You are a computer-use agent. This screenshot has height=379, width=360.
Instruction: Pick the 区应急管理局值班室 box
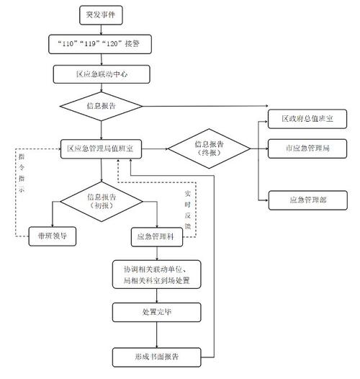point(99,148)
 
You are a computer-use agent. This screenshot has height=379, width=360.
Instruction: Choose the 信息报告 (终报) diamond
point(209,148)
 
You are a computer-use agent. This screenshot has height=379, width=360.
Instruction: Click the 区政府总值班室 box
point(305,117)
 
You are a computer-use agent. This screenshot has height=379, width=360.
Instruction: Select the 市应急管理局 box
point(305,148)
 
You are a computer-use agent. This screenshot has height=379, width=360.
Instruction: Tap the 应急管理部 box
point(305,198)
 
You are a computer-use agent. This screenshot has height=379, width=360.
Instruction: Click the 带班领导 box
point(52,235)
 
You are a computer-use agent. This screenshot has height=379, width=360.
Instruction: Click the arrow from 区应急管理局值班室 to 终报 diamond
point(154,149)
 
